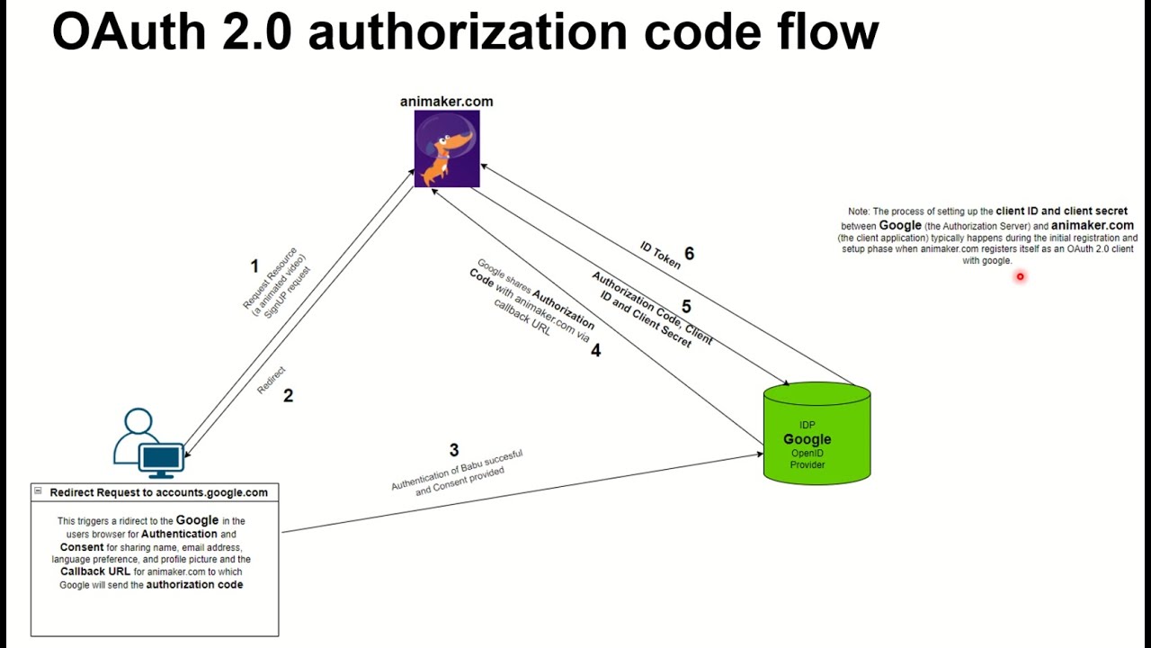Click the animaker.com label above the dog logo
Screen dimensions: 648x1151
(446, 102)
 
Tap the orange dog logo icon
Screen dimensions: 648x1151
(447, 148)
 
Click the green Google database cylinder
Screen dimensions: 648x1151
(816, 434)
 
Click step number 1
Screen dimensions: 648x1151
(254, 266)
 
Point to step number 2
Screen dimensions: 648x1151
(288, 396)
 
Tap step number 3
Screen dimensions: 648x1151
(454, 450)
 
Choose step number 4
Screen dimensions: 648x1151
(595, 351)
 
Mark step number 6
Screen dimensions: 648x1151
(689, 254)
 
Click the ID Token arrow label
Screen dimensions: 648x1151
(660, 255)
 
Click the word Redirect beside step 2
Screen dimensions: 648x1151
(271, 380)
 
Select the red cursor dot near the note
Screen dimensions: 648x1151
(1020, 277)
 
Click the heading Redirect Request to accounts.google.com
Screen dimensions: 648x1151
(158, 492)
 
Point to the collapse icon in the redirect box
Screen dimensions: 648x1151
(38, 490)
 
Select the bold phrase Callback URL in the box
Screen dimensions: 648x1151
(95, 571)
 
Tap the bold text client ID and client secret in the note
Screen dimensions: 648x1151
(1061, 211)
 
